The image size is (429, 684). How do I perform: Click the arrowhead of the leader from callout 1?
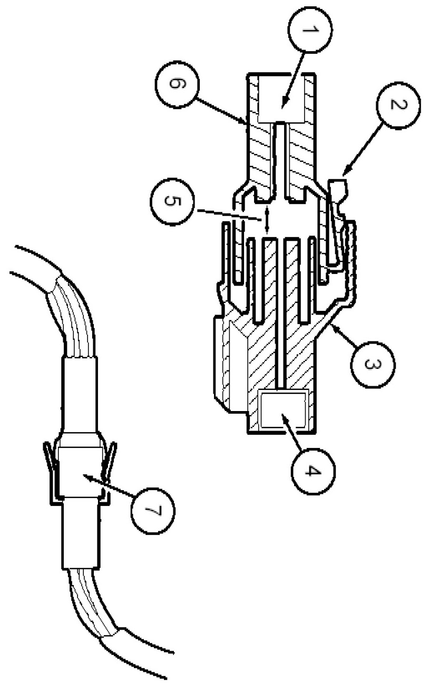(282, 105)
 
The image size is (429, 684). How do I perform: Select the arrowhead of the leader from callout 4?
(284, 416)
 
